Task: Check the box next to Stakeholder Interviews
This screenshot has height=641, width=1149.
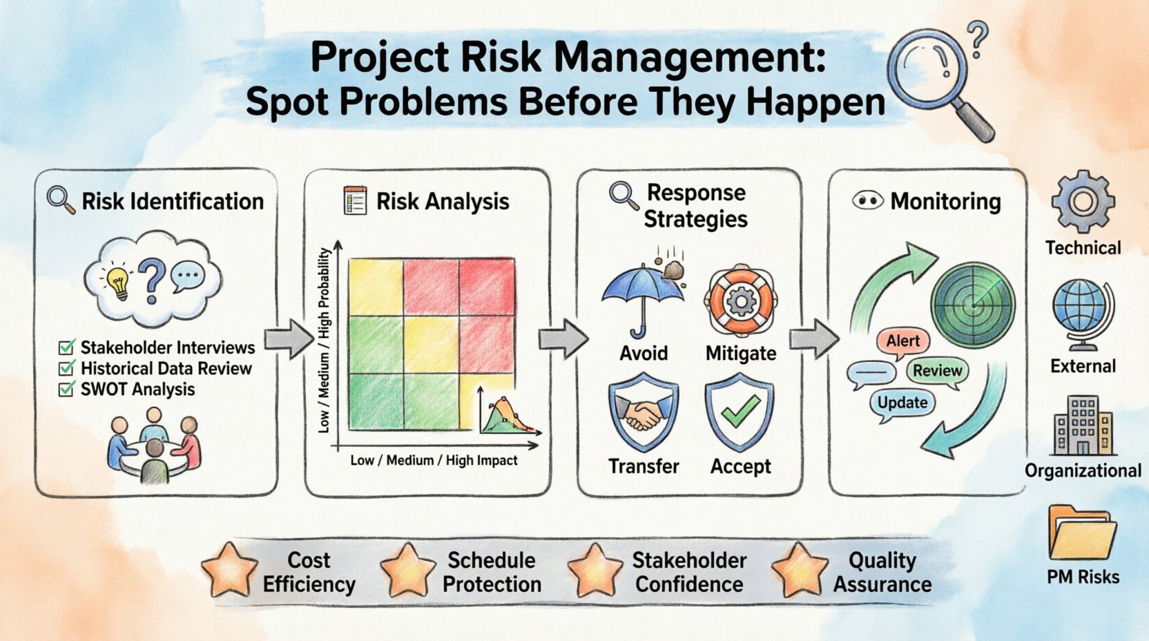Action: click(67, 347)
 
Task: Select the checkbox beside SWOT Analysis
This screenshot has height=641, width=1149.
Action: click(67, 390)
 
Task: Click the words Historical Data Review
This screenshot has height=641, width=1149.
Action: click(166, 369)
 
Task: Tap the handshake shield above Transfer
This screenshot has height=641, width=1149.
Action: click(643, 413)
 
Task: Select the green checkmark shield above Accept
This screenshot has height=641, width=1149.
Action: click(740, 412)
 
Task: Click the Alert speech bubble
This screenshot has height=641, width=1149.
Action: click(902, 341)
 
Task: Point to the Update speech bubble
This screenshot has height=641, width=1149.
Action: click(902, 403)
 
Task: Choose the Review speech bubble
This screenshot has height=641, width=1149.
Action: click(937, 371)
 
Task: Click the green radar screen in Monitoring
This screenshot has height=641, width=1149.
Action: click(973, 303)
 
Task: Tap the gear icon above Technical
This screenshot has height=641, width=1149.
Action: click(1083, 202)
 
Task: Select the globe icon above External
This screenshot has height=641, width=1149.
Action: click(1081, 314)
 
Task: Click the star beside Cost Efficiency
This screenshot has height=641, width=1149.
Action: click(229, 571)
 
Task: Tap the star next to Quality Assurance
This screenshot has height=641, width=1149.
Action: click(799, 571)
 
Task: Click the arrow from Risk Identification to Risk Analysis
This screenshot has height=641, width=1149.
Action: click(289, 339)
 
